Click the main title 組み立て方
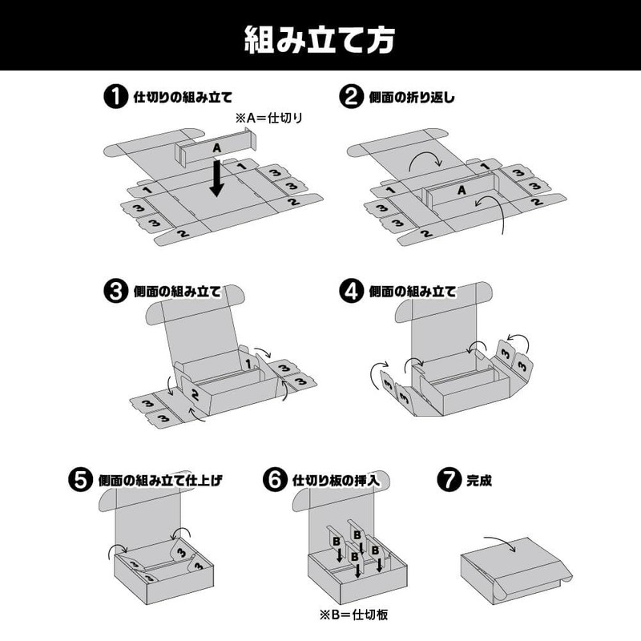pyautogui.click(x=320, y=37)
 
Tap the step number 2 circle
pyautogui.click(x=350, y=98)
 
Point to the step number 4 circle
pyautogui.click(x=350, y=291)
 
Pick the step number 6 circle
pyautogui.click(x=274, y=481)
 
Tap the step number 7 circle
pyautogui.click(x=447, y=481)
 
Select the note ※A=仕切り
pyautogui.click(x=272, y=118)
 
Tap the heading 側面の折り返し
pyautogui.click(x=413, y=99)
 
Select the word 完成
pyautogui.click(x=478, y=482)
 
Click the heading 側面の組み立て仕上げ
pyautogui.click(x=159, y=482)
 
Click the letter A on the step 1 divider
pyautogui.click(x=216, y=149)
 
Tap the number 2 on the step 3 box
pyautogui.click(x=195, y=393)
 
